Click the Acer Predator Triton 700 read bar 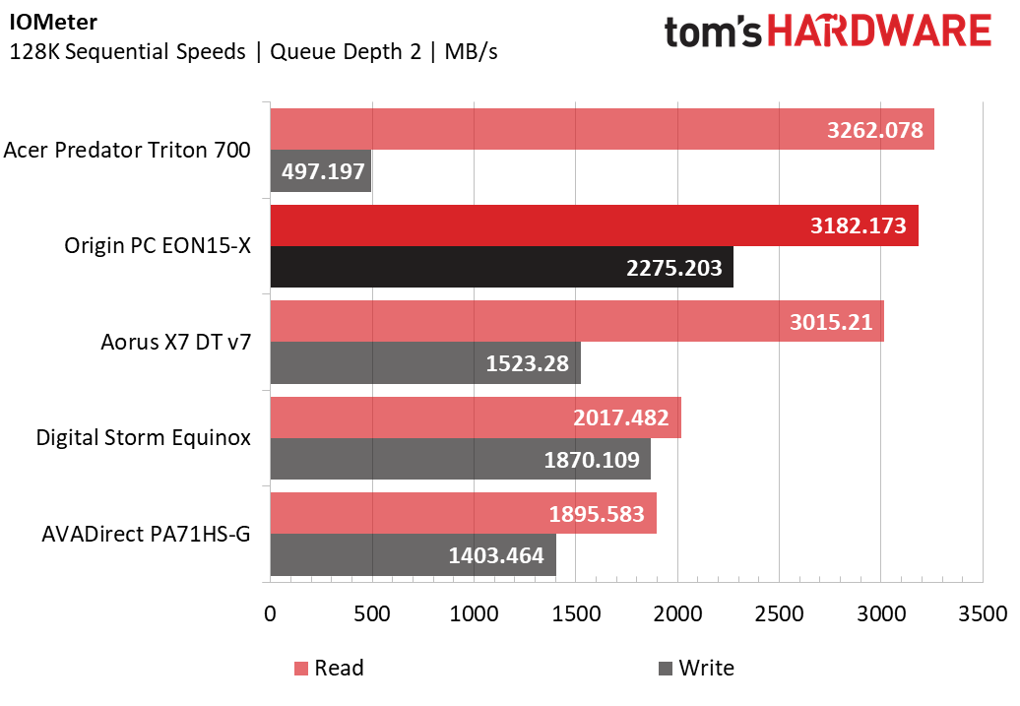point(603,129)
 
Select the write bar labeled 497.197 point(321,171)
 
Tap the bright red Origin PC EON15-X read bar point(595,225)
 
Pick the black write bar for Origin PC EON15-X point(501,267)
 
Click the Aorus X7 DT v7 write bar point(425,362)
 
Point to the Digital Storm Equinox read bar point(476,417)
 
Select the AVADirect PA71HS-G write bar point(414,555)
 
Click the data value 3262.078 point(875,130)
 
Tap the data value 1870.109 point(592,460)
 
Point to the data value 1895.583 point(597,514)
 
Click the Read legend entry point(329,668)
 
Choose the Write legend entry point(697,668)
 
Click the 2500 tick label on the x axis point(779,613)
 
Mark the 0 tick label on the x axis point(270,613)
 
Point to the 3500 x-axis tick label point(983,613)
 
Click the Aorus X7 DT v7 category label point(175,342)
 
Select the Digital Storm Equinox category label point(143,437)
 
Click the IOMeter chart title point(53,22)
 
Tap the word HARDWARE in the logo point(879,32)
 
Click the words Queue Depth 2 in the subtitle point(346,51)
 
